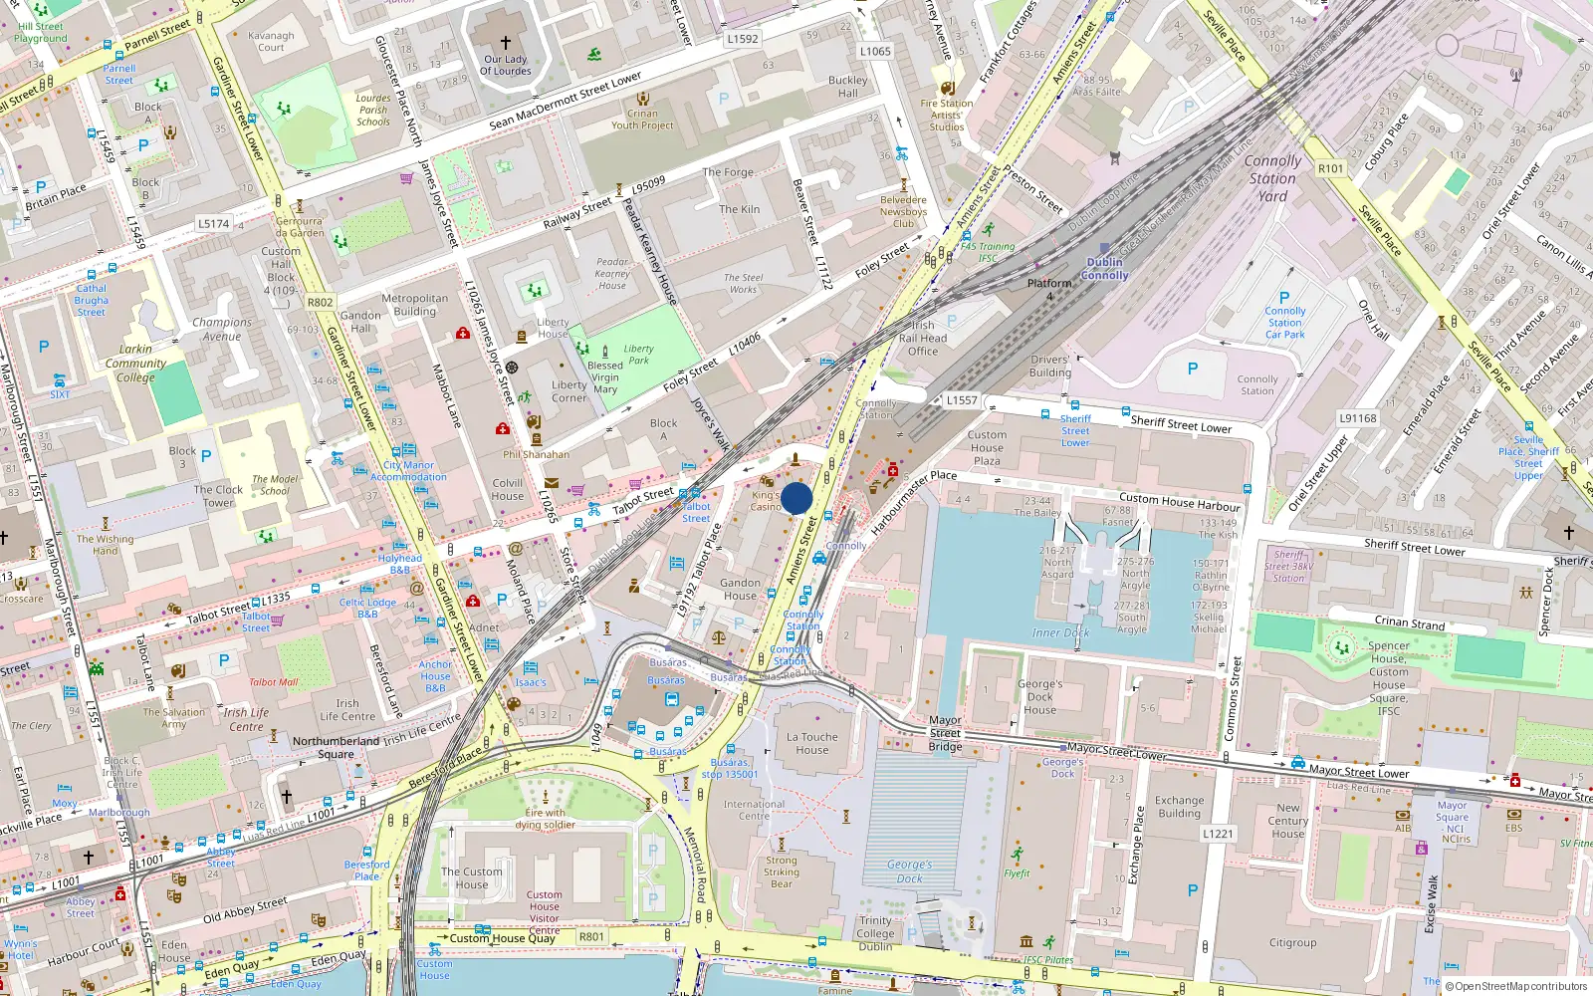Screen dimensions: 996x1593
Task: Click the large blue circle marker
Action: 796,498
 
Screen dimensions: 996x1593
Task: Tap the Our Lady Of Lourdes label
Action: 506,65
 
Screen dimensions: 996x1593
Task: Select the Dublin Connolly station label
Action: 1104,269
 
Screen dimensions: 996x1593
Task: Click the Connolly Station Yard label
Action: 1272,178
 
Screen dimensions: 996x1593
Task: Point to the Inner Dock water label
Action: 1060,632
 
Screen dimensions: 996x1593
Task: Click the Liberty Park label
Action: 638,355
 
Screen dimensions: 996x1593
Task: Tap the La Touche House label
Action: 811,743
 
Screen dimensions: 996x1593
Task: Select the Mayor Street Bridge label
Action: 945,733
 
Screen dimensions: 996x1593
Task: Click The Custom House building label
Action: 472,877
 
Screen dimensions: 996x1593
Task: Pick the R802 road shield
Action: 321,302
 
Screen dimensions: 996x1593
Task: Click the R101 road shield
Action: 1330,168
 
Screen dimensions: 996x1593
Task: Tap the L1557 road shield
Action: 962,399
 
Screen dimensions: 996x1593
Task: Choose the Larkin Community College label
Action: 135,364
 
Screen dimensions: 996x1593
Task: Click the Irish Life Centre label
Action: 347,709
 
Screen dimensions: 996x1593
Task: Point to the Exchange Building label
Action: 1179,807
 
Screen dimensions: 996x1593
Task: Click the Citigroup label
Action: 1292,942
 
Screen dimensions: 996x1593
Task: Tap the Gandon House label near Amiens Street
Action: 740,590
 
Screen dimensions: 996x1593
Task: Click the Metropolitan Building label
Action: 414,305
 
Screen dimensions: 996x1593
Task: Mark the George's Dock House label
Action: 1039,697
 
